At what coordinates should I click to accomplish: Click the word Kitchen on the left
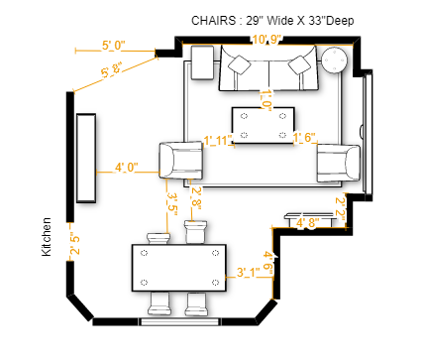tap(46, 238)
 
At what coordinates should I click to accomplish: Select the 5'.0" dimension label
tap(114, 46)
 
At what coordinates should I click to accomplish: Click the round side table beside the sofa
tap(334, 60)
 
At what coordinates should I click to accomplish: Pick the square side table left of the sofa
tap(204, 61)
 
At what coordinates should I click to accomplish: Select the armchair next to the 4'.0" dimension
tap(182, 160)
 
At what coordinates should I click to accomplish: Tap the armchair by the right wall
tap(337, 162)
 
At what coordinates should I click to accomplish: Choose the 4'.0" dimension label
tap(128, 167)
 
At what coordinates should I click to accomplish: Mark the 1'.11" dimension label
tap(217, 140)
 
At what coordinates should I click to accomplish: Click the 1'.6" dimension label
tap(304, 138)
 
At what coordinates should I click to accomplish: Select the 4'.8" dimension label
tap(307, 223)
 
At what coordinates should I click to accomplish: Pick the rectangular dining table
tap(179, 267)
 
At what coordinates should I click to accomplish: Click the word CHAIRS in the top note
tap(215, 20)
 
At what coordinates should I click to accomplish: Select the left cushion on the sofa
tap(240, 64)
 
